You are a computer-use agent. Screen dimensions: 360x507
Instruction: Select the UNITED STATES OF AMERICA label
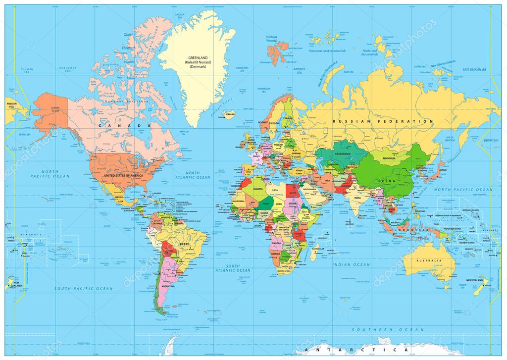(x=126, y=176)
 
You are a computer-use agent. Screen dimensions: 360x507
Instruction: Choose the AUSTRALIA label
(x=429, y=261)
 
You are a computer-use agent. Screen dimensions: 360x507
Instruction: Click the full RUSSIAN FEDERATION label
(x=382, y=121)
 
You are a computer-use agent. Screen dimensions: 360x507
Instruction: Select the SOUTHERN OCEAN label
(x=388, y=329)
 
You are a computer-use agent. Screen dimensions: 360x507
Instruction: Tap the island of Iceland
(x=229, y=113)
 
